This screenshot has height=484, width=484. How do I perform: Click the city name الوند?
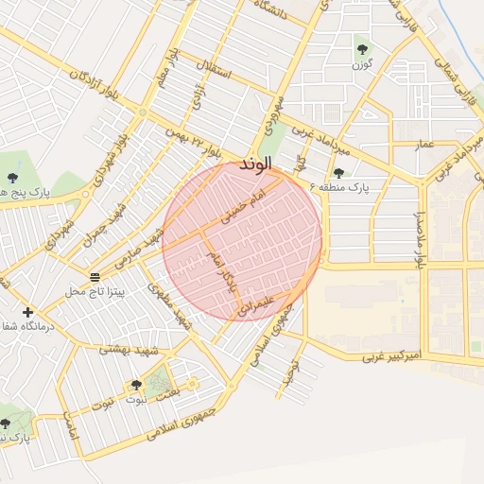tap(255, 164)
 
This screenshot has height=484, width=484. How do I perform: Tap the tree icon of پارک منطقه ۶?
tap(338, 172)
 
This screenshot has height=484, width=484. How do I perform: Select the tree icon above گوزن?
tap(362, 48)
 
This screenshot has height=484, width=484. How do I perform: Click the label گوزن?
tap(362, 64)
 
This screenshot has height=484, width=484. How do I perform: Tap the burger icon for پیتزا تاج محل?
tap(95, 276)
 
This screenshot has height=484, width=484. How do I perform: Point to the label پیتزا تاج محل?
tap(95, 292)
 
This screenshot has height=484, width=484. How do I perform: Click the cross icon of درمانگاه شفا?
tap(27, 312)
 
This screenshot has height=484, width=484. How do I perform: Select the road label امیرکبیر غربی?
tap(391, 357)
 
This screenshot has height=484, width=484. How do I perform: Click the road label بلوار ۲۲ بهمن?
tap(194, 144)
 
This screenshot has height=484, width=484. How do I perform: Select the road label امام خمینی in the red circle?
tap(246, 202)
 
